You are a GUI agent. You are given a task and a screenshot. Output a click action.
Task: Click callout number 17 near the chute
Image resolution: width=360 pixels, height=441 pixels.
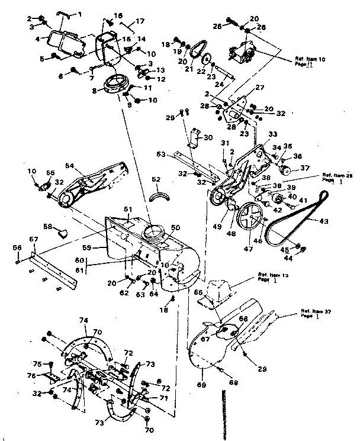140,21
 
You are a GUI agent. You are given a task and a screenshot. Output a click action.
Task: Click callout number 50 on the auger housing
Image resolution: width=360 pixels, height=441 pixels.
175,227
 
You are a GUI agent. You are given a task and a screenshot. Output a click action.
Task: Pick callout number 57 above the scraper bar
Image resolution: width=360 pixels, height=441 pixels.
34,239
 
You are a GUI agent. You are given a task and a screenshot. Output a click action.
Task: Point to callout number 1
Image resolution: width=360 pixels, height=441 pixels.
81,13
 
